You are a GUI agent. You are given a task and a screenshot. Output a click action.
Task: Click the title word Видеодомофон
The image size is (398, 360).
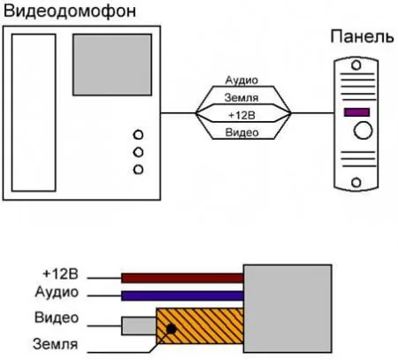(70, 11)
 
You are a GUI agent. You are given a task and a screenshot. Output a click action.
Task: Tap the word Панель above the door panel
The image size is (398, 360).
(363, 37)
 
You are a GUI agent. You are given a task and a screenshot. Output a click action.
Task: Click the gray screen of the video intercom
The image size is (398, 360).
(112, 65)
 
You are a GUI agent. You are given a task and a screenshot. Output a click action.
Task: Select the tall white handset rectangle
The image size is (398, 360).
(34, 112)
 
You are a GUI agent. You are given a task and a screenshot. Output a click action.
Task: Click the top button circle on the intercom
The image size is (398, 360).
(138, 135)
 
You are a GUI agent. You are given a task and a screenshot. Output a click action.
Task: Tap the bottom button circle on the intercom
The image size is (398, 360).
(138, 170)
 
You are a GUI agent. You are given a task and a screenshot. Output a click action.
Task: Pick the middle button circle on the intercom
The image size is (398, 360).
(138, 152)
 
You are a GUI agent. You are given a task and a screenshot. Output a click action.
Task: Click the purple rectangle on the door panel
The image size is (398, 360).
(356, 112)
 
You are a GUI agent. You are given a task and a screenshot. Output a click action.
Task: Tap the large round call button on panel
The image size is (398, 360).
(363, 131)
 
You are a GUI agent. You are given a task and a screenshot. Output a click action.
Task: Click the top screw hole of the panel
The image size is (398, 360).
(356, 65)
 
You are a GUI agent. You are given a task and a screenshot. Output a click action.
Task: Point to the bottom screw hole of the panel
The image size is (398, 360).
(356, 182)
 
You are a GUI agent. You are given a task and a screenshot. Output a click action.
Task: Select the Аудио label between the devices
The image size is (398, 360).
(241, 80)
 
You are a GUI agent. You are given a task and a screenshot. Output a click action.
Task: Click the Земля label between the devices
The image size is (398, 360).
(241, 97)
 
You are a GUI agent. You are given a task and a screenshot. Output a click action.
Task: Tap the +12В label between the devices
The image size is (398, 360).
(241, 115)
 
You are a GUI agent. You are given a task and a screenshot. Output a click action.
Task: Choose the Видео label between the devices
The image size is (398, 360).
(241, 133)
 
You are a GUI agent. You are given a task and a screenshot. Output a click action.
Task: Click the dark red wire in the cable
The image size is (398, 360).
(182, 278)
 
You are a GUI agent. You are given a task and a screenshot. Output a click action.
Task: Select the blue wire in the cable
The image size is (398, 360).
(182, 295)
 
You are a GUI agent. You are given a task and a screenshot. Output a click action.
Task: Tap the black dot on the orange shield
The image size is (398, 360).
(171, 329)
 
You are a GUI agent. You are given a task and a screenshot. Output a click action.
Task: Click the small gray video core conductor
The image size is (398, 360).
(139, 326)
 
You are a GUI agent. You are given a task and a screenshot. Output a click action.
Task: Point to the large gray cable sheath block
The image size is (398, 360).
(287, 309)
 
